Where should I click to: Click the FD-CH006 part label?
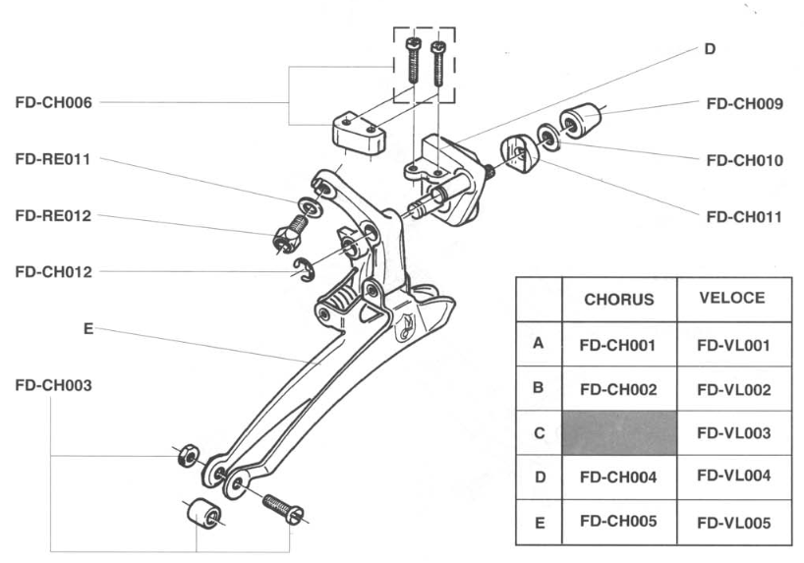tap(54, 102)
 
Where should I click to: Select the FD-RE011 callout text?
tap(54, 158)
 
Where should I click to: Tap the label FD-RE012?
tap(54, 215)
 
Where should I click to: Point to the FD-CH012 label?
tap(54, 271)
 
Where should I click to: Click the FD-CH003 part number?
tap(54, 385)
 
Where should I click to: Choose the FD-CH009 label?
tap(745, 103)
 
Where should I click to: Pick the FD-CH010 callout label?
tap(745, 159)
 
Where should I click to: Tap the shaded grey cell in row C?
tap(619, 432)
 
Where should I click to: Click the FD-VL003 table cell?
tap(733, 432)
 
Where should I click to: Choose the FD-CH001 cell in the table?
tap(619, 345)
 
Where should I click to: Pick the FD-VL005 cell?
tap(733, 522)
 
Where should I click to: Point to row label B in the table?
tap(538, 388)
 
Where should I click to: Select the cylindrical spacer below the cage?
tap(202, 512)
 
